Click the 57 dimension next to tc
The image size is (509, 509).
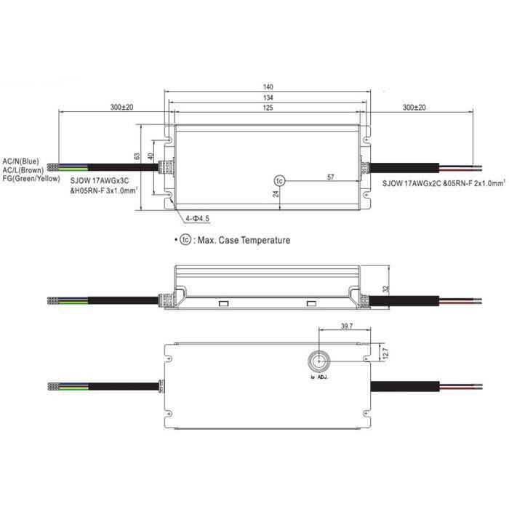point(331,177)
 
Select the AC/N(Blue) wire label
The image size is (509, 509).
point(21,160)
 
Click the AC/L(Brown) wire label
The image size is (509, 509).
point(23,169)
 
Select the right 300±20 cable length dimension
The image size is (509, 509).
point(414,108)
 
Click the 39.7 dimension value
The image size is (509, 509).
point(345,327)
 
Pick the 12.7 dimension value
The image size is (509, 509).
point(385,353)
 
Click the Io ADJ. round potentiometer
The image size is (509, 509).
point(318,361)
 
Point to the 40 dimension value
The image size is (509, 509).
point(151,156)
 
